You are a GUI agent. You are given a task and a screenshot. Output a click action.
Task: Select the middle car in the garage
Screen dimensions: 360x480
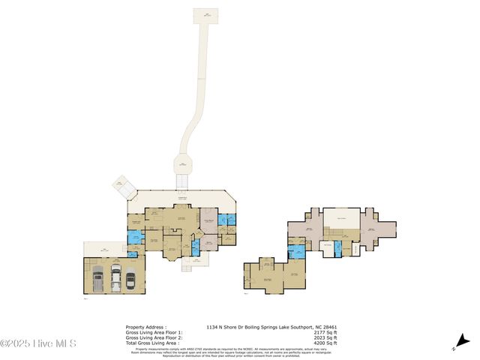[115, 277]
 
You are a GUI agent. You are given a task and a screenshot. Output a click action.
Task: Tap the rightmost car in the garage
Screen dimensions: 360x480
[131, 279]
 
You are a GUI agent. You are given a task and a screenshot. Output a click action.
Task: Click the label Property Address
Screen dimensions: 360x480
[145, 327]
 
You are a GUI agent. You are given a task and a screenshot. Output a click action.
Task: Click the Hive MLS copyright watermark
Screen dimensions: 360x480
[38, 344]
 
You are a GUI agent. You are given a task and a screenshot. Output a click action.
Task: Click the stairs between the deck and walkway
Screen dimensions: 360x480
[181, 182]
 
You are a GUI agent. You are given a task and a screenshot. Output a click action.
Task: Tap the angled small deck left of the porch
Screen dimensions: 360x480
[121, 185]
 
